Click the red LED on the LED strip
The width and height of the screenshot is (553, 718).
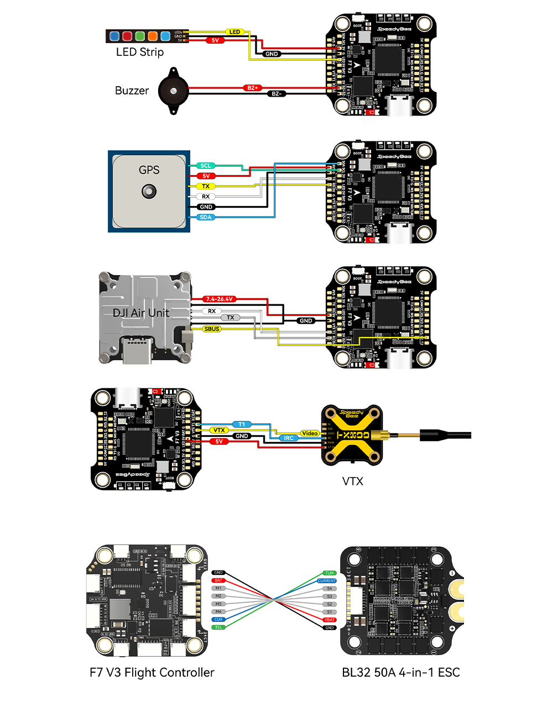(127, 36)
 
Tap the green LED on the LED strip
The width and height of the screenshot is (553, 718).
(140, 36)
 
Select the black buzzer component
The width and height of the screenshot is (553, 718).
(174, 91)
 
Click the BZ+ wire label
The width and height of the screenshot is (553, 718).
(252, 88)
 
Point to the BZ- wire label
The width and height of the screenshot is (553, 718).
(276, 94)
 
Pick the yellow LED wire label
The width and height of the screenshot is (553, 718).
(235, 32)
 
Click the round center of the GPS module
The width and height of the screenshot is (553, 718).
(149, 192)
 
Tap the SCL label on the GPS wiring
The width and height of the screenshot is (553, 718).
(206, 166)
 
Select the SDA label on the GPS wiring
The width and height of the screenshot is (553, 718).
(206, 218)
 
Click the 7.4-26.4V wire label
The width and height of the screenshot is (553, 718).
(220, 299)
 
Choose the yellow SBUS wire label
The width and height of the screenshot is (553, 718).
(212, 329)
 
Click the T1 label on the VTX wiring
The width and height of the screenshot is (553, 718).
(242, 424)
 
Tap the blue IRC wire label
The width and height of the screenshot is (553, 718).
(289, 438)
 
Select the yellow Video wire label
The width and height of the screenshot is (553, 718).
(310, 434)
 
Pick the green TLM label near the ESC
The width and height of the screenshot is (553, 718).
(330, 573)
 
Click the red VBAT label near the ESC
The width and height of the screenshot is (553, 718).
(330, 620)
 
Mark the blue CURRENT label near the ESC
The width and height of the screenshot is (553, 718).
(327, 581)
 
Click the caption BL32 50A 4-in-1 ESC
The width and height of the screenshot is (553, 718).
(401, 672)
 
